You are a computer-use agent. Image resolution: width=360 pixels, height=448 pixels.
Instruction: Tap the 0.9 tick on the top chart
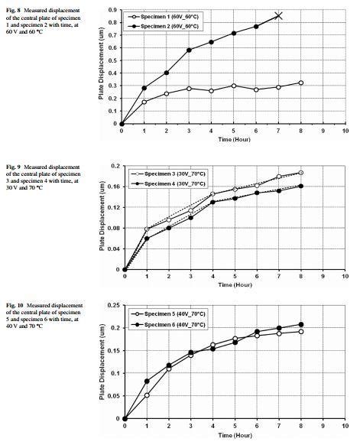tap(112, 10)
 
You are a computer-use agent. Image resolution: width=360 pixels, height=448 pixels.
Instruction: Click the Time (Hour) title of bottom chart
tap(235, 434)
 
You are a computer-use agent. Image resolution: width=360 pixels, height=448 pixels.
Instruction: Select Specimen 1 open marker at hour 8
tap(300, 83)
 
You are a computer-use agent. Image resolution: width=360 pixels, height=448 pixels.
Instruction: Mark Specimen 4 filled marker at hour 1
tap(147, 239)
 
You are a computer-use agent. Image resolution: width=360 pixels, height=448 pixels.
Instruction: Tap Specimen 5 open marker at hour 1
tap(147, 395)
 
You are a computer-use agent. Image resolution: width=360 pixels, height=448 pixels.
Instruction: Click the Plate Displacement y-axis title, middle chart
tap(102, 218)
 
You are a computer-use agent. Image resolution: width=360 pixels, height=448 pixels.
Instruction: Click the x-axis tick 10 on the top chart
tap(345, 131)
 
